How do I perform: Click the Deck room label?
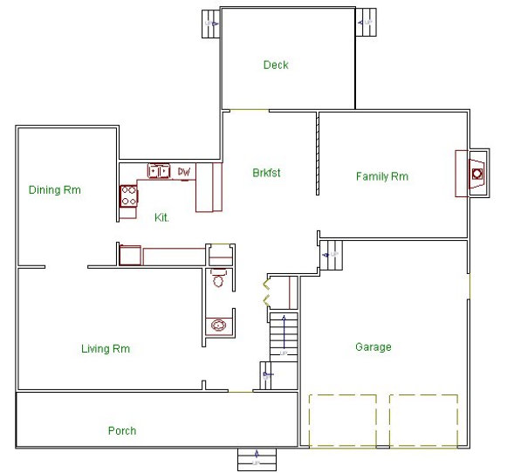point(276,65)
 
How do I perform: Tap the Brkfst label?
point(266,172)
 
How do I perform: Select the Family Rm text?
point(381,176)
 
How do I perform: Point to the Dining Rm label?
point(55,189)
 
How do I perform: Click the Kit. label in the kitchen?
point(161,216)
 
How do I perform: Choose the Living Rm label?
point(106,349)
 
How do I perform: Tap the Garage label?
point(373,346)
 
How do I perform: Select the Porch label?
point(122,430)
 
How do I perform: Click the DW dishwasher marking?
point(184,172)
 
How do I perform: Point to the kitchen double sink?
point(159,171)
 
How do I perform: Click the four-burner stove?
point(129,196)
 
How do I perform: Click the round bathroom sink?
point(218,326)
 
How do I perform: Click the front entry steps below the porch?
point(257,458)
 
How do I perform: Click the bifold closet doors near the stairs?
point(266,293)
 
